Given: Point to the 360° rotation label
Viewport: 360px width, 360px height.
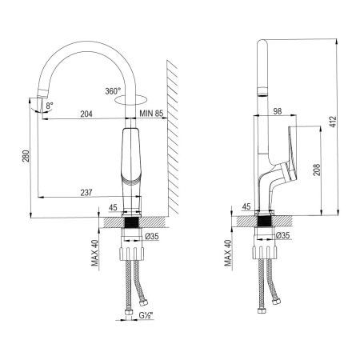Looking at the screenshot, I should coord(112,90).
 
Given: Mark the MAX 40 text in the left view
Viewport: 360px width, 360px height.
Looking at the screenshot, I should coord(94,254).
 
